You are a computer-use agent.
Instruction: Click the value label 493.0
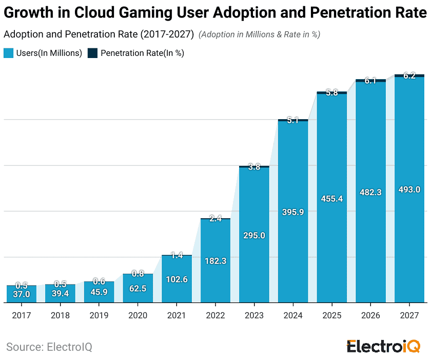point(409,190)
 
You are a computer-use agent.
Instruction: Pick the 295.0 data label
point(254,235)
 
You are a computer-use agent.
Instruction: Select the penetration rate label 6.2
point(409,76)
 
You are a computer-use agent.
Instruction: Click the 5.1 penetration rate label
point(293,121)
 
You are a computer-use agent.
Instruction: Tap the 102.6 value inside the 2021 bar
point(177,279)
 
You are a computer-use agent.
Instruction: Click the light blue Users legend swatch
point(8,53)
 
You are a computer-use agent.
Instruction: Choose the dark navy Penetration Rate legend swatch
point(93,53)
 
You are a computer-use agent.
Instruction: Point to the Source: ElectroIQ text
point(49,347)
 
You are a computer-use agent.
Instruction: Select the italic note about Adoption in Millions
point(259,34)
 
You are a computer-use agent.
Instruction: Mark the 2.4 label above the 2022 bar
point(215,219)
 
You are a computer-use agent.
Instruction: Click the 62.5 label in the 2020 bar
point(138,289)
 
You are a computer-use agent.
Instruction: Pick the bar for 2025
point(332,205)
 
